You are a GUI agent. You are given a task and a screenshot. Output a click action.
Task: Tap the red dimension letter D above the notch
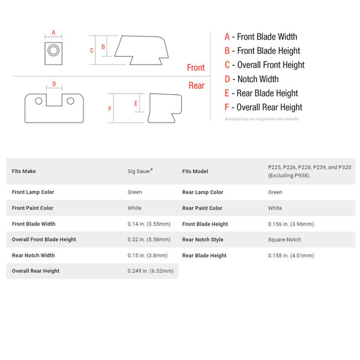[54, 84]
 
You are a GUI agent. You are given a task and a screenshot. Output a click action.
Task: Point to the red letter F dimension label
[110, 109]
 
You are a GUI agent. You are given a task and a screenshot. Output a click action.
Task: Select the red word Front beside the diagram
[195, 67]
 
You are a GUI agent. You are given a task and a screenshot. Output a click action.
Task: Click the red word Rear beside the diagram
[197, 86]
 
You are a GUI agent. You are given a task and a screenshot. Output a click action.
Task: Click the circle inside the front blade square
[53, 50]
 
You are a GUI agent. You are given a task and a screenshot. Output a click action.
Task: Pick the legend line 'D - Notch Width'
[251, 79]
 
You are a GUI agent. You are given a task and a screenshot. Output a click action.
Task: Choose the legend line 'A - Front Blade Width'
[261, 37]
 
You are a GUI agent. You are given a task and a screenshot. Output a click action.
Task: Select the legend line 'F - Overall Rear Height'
[263, 107]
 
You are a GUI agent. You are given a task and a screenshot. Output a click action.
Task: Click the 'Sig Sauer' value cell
[140, 171]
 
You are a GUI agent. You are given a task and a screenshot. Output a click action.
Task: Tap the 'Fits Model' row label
[195, 171]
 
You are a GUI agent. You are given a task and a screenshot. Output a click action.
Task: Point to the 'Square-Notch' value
[285, 240]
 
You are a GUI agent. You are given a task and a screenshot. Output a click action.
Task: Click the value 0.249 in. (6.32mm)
[150, 271]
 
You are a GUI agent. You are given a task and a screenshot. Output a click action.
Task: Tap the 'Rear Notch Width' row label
[33, 255]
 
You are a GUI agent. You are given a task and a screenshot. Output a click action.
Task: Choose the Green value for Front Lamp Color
[134, 192]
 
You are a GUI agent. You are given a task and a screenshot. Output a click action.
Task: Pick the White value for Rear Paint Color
[275, 208]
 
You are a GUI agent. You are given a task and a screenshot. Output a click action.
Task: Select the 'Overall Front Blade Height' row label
[44, 240]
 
